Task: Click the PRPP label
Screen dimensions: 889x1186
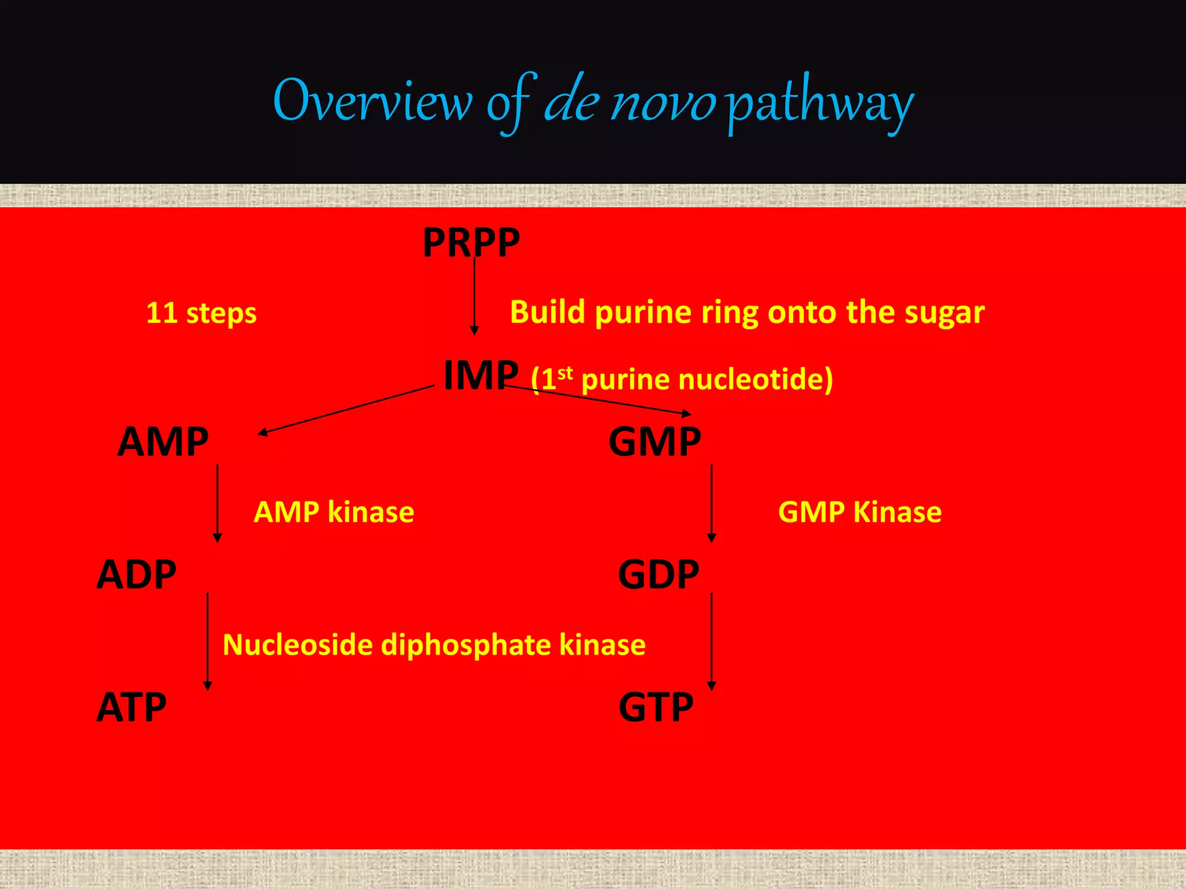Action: point(471,243)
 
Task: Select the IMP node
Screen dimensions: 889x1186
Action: point(481,376)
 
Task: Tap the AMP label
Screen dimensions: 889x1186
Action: point(163,442)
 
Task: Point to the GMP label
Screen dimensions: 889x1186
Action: point(654,442)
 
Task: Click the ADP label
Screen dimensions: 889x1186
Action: point(136,575)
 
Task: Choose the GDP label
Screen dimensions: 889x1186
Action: point(658,575)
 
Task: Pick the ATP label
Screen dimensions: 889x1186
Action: point(131,707)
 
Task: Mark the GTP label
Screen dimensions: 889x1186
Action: point(656,707)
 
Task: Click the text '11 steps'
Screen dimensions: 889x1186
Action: point(201,313)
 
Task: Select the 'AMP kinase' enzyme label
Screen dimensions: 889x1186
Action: point(334,512)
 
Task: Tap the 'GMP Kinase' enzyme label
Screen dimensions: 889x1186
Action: point(859,512)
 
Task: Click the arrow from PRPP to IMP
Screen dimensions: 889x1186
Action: point(474,295)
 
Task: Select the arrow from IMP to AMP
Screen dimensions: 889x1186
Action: point(346,409)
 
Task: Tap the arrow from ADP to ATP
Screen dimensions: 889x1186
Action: point(208,641)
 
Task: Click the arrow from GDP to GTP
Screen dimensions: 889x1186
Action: point(712,641)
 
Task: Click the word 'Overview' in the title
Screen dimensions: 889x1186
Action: point(372,102)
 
